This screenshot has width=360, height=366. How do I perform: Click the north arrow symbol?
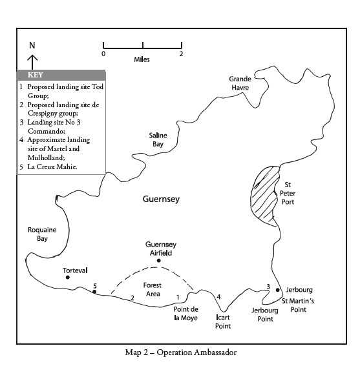coord(32,62)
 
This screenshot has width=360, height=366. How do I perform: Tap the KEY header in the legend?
coord(36,75)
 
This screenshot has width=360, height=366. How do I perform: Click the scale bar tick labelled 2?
coord(182,45)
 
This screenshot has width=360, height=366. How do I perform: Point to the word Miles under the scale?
coord(142,59)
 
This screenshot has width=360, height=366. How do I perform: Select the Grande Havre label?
coord(240,83)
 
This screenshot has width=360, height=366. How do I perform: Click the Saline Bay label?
coord(158,139)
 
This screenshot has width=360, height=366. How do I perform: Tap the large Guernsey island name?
coord(161,199)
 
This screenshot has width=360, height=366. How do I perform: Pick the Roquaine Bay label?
coord(42,234)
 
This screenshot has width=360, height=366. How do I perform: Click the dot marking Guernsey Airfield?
coord(159,261)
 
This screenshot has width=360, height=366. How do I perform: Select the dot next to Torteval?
coord(68,278)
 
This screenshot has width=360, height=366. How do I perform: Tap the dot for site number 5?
coord(94,292)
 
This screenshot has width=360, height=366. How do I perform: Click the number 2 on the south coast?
coord(132,298)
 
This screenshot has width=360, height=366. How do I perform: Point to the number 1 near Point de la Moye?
coord(178,297)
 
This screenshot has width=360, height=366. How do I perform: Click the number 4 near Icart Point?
coord(218,297)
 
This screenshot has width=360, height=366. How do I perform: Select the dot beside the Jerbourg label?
coord(277,290)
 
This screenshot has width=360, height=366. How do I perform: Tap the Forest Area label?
coord(153,289)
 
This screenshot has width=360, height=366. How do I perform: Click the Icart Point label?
coord(223,321)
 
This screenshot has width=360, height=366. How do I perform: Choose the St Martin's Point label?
coord(298,305)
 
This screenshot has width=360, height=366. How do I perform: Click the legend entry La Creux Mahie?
coord(52,167)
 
